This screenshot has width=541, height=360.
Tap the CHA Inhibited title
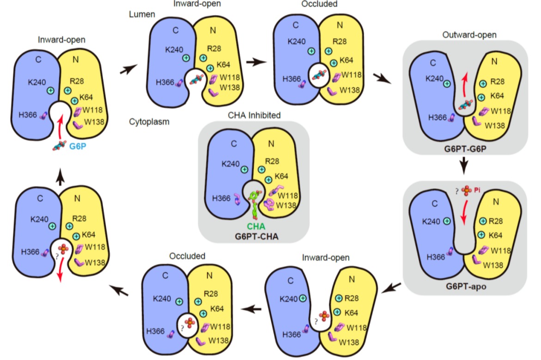pos(254,115)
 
